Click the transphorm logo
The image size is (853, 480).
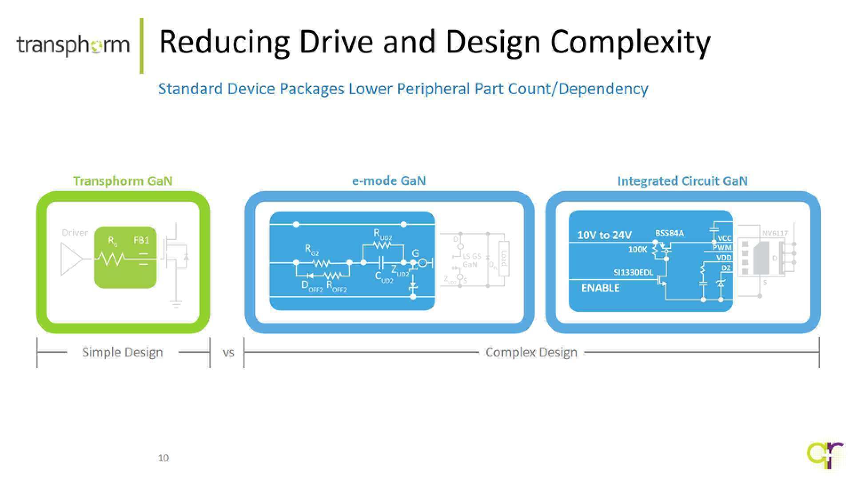point(73,45)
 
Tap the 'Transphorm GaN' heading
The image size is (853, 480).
point(123,181)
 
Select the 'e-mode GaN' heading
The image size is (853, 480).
point(389,180)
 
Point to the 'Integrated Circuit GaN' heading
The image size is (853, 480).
point(682,181)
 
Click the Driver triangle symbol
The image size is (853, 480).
point(71,259)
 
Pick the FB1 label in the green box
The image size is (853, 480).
point(141,240)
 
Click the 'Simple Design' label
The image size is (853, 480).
point(123,352)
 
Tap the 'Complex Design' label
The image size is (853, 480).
point(531,352)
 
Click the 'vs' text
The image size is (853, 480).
point(228,353)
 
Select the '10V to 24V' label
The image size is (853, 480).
point(604,235)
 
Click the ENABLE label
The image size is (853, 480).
point(600,288)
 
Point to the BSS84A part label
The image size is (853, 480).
point(670,233)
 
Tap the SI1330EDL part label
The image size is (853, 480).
point(633,272)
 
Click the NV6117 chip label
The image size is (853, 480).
point(775,233)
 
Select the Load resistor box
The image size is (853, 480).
point(504,258)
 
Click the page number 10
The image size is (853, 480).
point(163,458)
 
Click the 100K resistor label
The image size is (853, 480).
point(638,250)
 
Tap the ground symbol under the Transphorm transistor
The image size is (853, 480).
point(176,304)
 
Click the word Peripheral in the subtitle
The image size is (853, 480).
point(433,89)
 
